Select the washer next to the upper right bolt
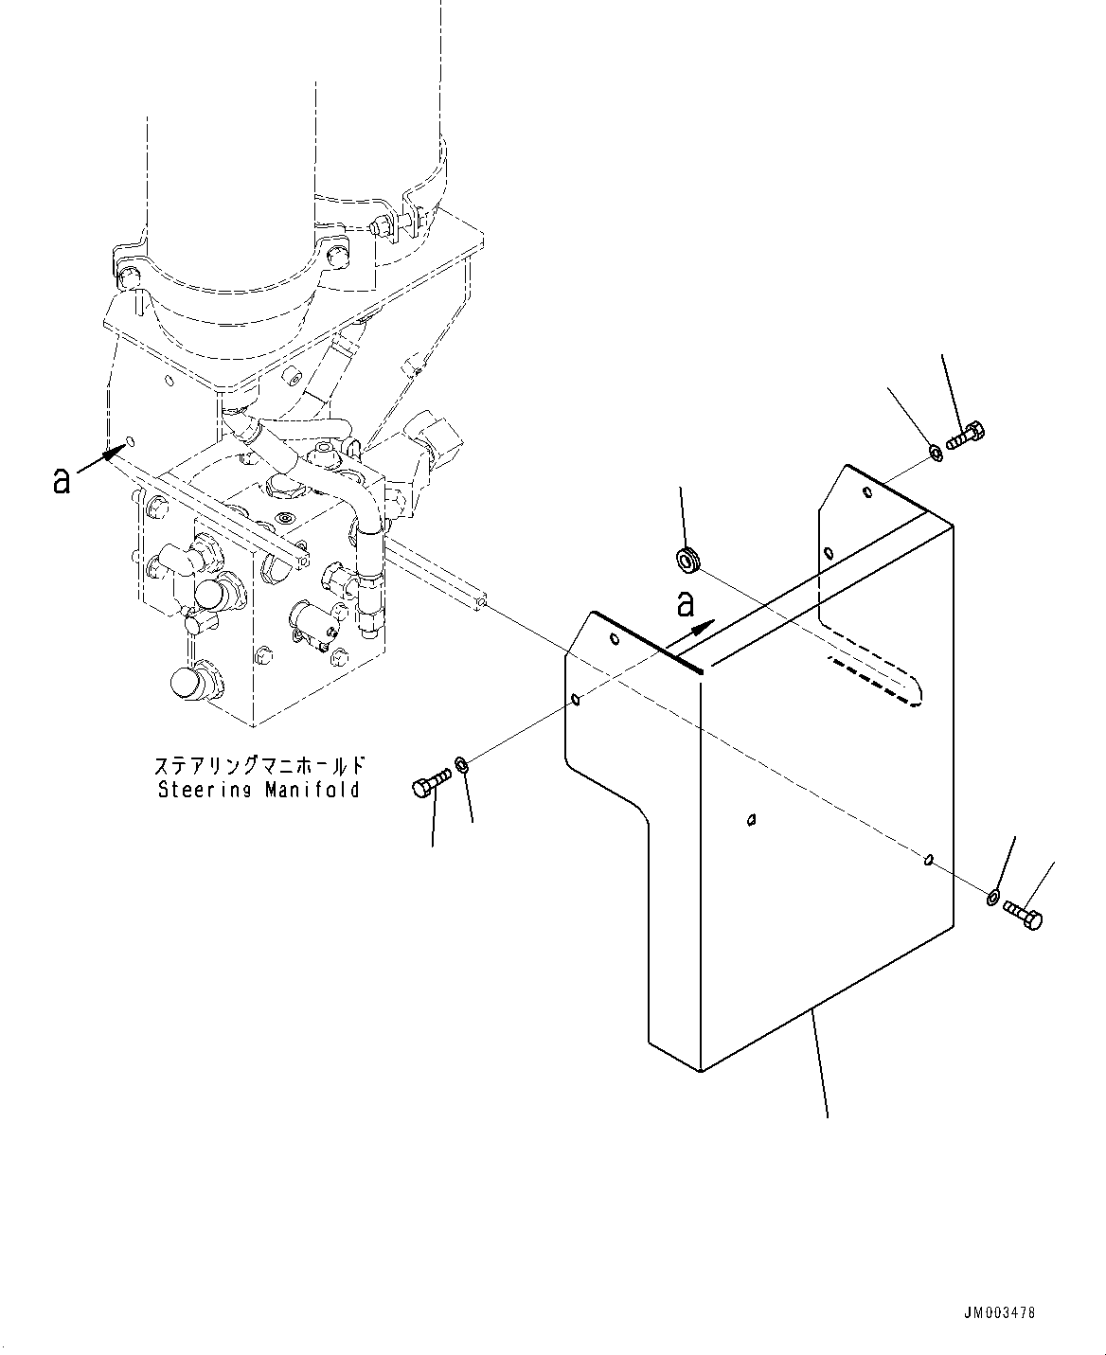coord(934,452)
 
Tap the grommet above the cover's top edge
coord(687,561)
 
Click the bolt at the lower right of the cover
coord(1023,915)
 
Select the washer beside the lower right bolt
coord(992,896)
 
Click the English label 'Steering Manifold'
coord(259,789)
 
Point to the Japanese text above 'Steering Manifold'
coord(259,765)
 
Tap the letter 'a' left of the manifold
coord(62,481)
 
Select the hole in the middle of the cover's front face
coord(751,819)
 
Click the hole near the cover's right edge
coord(929,859)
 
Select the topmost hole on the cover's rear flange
coord(867,492)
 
